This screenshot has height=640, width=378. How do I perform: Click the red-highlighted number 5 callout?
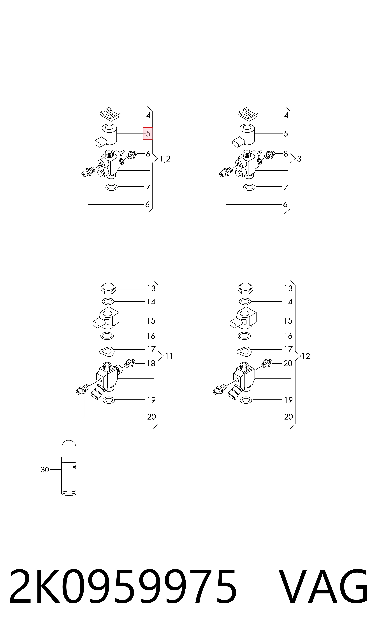(148, 134)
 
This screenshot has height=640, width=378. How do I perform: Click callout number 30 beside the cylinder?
(45, 470)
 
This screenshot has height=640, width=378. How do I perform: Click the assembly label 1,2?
(165, 159)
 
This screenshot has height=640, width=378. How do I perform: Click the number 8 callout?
(286, 154)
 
